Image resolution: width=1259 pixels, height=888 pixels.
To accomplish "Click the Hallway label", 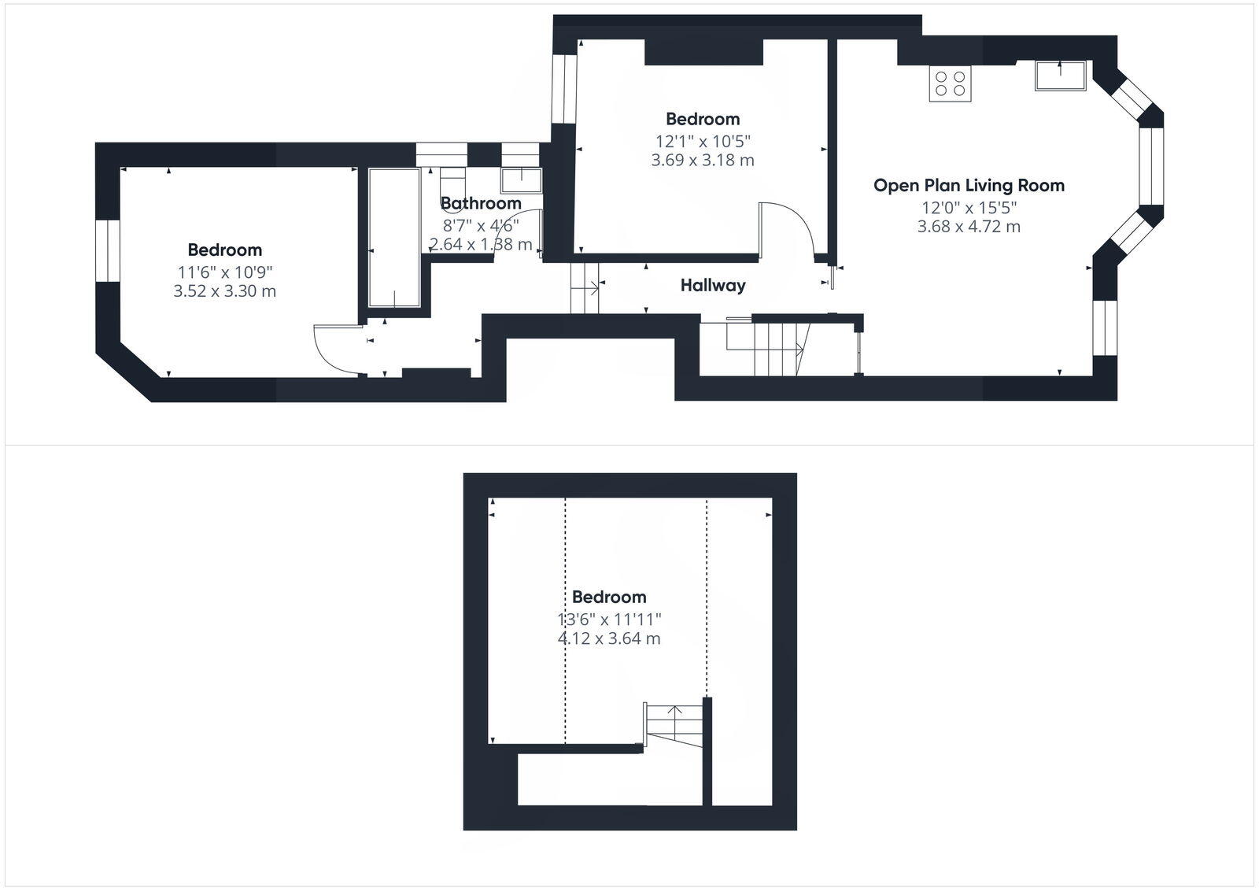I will [x=712, y=286].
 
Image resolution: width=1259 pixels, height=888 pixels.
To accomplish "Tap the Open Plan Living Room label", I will [x=969, y=186].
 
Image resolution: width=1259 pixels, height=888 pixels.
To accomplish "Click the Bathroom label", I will [x=480, y=203].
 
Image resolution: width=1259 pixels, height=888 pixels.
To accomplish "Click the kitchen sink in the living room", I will [x=1060, y=76].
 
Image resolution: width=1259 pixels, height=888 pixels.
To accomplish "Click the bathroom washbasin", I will [x=521, y=180].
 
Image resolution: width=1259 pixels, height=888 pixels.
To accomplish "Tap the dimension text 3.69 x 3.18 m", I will [x=702, y=161].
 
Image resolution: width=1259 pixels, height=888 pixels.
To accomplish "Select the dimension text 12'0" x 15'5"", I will [x=969, y=208].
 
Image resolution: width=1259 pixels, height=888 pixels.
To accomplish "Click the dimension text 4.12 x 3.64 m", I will [x=608, y=638].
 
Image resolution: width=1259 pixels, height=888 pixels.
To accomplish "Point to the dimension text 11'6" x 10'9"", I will [x=224, y=272].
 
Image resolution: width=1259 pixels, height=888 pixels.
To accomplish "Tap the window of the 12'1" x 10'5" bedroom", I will [x=563, y=88].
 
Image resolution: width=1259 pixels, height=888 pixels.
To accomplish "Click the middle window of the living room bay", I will [x=1150, y=165].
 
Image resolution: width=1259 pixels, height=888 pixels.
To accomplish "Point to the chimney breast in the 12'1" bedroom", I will [x=703, y=52].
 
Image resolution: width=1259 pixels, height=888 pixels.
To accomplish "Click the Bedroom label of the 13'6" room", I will [x=608, y=597].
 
